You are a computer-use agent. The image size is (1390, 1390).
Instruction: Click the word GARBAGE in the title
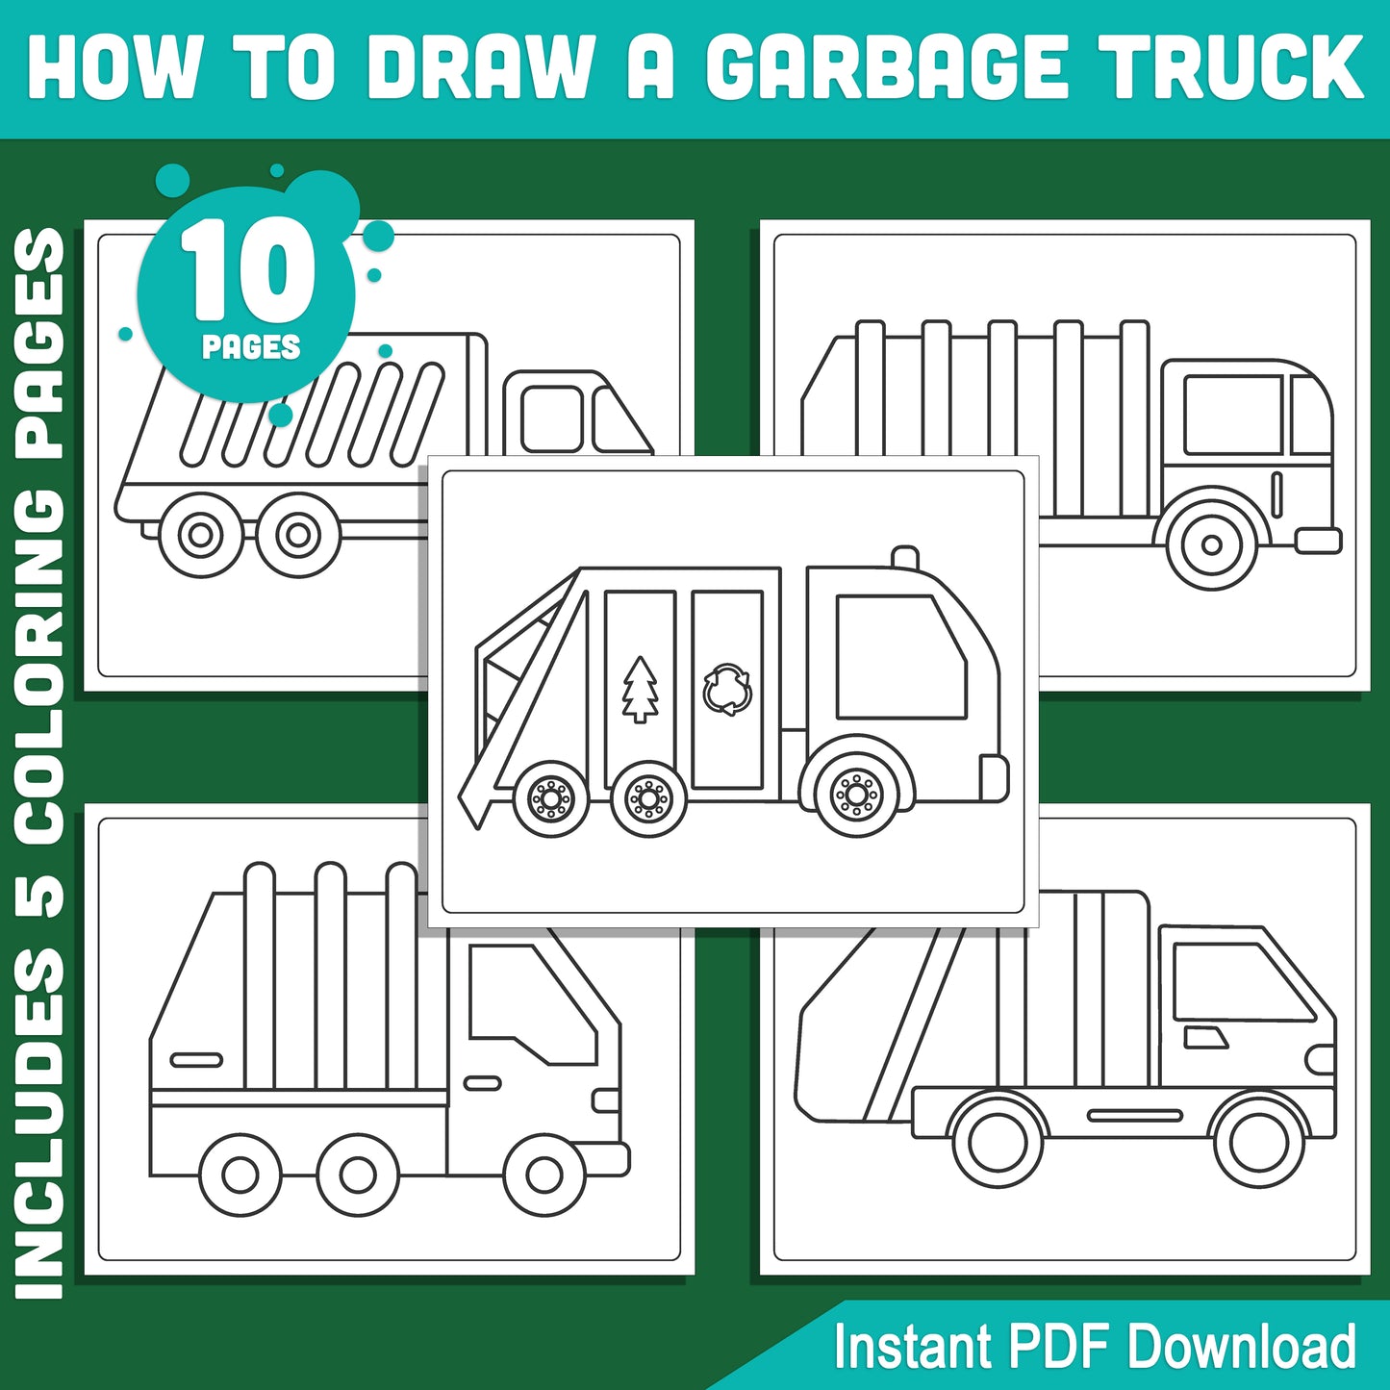(x=887, y=67)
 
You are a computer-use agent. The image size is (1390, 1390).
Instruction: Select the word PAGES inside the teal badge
(x=251, y=347)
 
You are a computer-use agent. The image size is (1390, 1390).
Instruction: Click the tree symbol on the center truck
(x=640, y=689)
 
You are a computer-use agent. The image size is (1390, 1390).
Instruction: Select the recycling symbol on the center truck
(x=727, y=689)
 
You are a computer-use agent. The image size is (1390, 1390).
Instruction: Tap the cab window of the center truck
(x=898, y=657)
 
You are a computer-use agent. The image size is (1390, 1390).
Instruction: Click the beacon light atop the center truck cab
(x=904, y=558)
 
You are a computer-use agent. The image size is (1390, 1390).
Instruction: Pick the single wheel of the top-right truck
(x=1211, y=544)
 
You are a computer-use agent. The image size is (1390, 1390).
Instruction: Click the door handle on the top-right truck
(x=1276, y=493)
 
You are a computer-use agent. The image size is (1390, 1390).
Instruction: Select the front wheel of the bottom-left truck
(x=544, y=1175)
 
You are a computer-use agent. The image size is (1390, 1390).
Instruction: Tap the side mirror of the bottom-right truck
(x=1204, y=1037)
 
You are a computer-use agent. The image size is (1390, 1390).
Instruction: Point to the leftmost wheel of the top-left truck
(x=201, y=534)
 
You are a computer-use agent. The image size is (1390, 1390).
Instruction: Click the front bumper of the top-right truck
(x=1318, y=541)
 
